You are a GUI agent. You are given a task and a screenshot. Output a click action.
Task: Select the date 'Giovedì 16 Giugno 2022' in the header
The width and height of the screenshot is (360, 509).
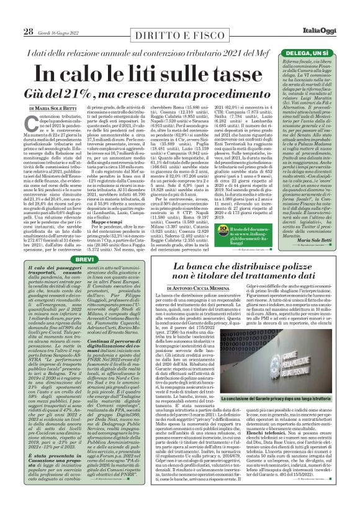61,32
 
